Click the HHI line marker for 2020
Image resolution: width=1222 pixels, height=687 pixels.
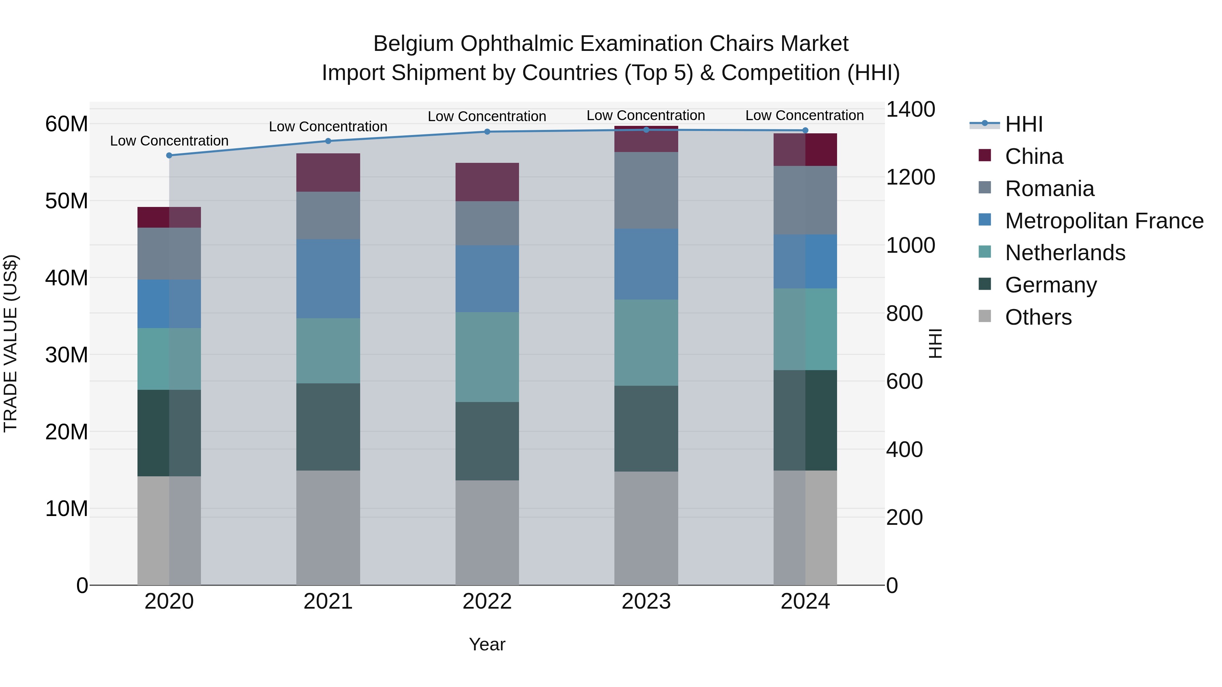[169, 155]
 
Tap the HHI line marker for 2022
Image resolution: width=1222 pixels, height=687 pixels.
[487, 132]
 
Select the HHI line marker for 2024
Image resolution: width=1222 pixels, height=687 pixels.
[805, 130]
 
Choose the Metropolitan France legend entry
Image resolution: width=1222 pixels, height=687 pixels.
[1104, 221]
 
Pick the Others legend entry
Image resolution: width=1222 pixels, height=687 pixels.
[1038, 317]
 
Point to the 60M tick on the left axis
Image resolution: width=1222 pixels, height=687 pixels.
[67, 124]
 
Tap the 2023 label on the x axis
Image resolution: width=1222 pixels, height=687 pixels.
[646, 602]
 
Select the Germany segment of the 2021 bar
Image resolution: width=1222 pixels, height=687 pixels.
[328, 427]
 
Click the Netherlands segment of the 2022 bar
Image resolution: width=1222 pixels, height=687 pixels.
[487, 357]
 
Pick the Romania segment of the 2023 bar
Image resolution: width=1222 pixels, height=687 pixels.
[646, 191]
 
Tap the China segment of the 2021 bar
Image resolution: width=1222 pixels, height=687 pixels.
[328, 173]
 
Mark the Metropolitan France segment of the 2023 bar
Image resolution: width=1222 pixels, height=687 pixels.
[646, 264]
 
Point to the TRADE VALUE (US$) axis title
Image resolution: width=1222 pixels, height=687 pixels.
[11, 343]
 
